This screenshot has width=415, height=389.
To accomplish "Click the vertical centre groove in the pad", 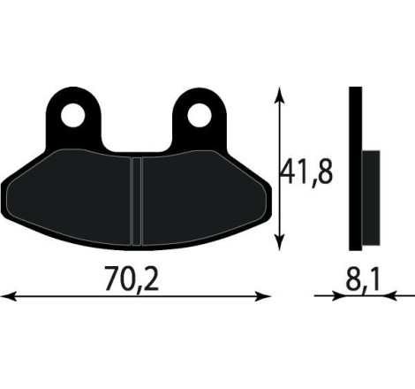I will coord(137,200).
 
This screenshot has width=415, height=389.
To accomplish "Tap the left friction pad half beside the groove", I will coord(79,199).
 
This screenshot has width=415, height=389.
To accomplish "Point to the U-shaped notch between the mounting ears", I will coord(140,133).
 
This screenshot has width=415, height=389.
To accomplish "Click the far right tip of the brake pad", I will coord(269,189).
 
